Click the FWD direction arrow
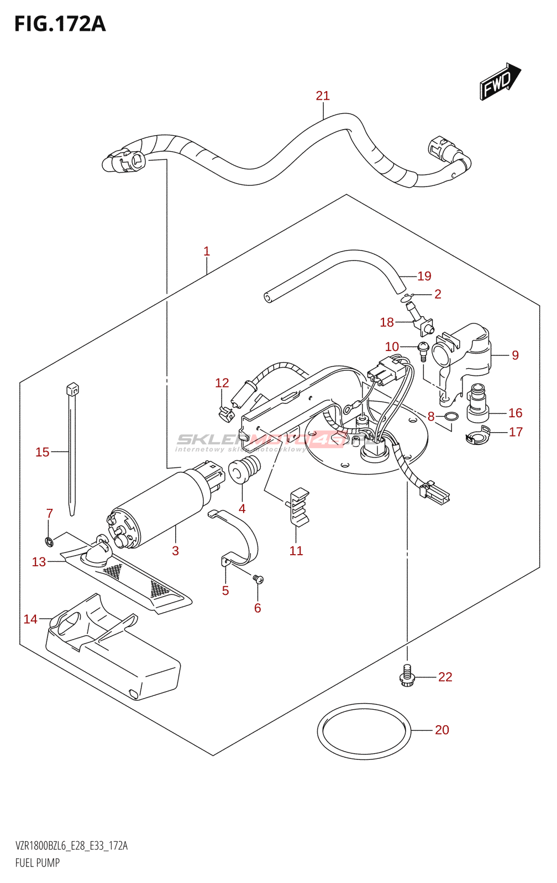499,82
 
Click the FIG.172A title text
60,24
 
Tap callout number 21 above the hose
323,96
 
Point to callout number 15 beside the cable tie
43,453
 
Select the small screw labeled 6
258,579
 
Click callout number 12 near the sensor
222,383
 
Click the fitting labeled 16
477,405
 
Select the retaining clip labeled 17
477,435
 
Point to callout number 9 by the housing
515,355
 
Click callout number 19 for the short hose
424,276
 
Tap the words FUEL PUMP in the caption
38,863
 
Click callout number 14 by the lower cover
30,620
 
